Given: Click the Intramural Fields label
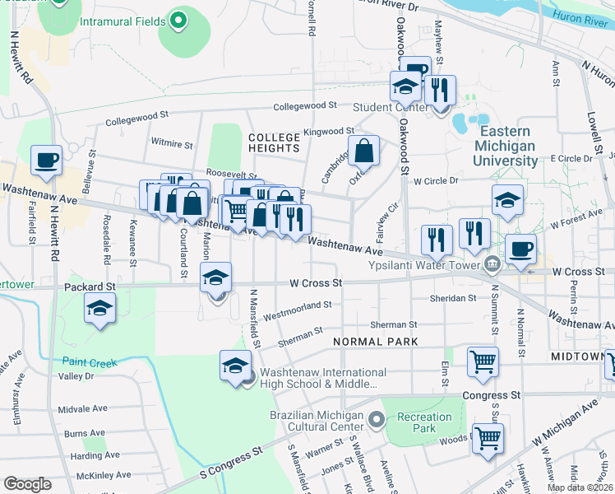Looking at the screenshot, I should coord(123,20).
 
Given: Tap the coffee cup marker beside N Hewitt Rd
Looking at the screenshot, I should coord(47,160).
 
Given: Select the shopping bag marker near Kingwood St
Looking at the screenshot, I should coord(363,151).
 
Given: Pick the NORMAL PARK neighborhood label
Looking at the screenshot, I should coord(375,341).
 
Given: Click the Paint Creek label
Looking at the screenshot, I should coord(90,362).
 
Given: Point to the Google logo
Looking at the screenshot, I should coord(27,484).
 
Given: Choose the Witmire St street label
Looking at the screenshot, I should coord(170,144).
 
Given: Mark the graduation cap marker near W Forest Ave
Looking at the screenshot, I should coord(507,200).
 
